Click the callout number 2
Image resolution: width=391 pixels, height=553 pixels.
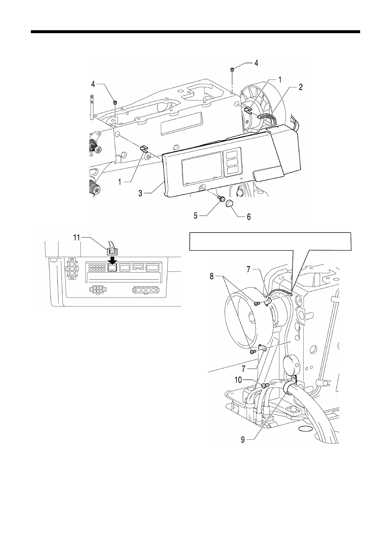coord(301,87)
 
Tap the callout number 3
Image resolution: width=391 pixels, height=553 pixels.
coord(140,193)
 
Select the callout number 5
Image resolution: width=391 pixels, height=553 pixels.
coord(195,216)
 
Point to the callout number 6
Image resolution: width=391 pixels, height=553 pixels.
coord(249,217)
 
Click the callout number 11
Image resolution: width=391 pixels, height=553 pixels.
coord(77,237)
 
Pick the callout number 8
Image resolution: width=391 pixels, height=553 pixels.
coord(212,276)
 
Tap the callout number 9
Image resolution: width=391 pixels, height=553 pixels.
coord(243,439)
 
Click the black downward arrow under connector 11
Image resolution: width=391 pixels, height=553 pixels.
coord(112,260)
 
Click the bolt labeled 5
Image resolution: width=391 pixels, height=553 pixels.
coord(221,198)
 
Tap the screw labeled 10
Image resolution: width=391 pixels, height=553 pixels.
coord(265,385)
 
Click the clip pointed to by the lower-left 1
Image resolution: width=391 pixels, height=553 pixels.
coord(144,149)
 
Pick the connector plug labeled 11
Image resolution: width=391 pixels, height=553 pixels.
coord(112,252)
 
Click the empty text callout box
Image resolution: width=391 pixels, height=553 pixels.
coord(271,241)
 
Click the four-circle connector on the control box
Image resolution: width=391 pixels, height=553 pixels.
coord(145,290)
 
